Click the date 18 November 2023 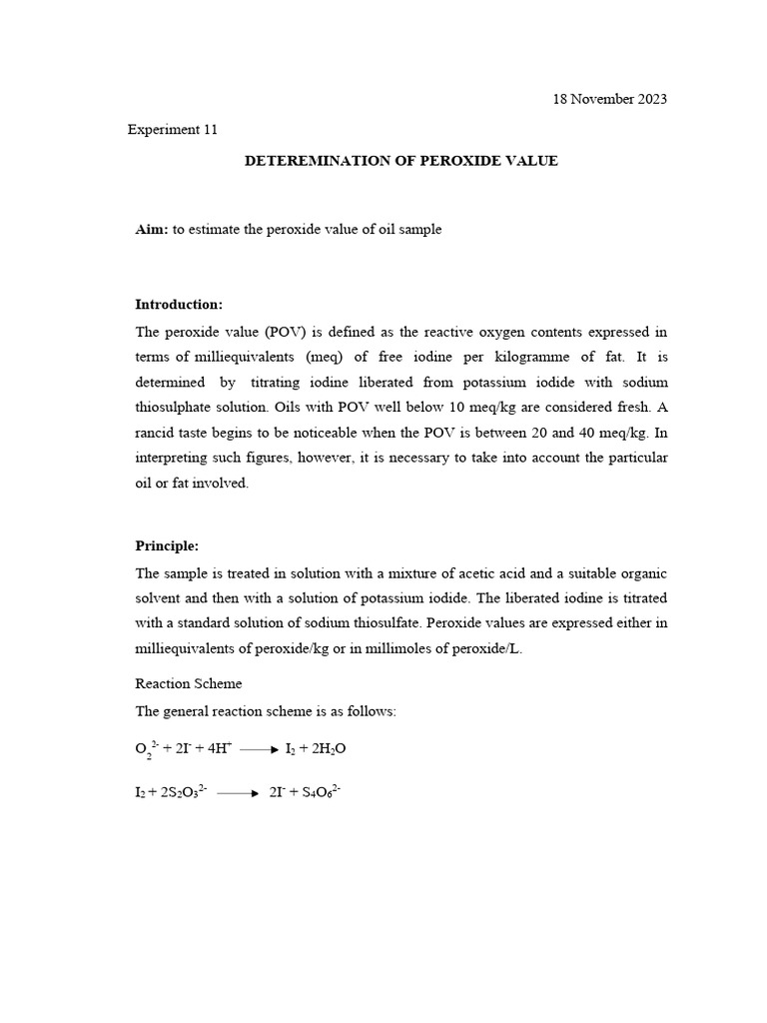(x=609, y=99)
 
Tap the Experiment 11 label (x=173, y=129)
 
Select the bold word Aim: (x=152, y=229)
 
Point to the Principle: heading (x=167, y=545)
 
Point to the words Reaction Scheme (x=188, y=684)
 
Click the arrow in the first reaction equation (x=259, y=748)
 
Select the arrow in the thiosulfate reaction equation (x=238, y=793)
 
